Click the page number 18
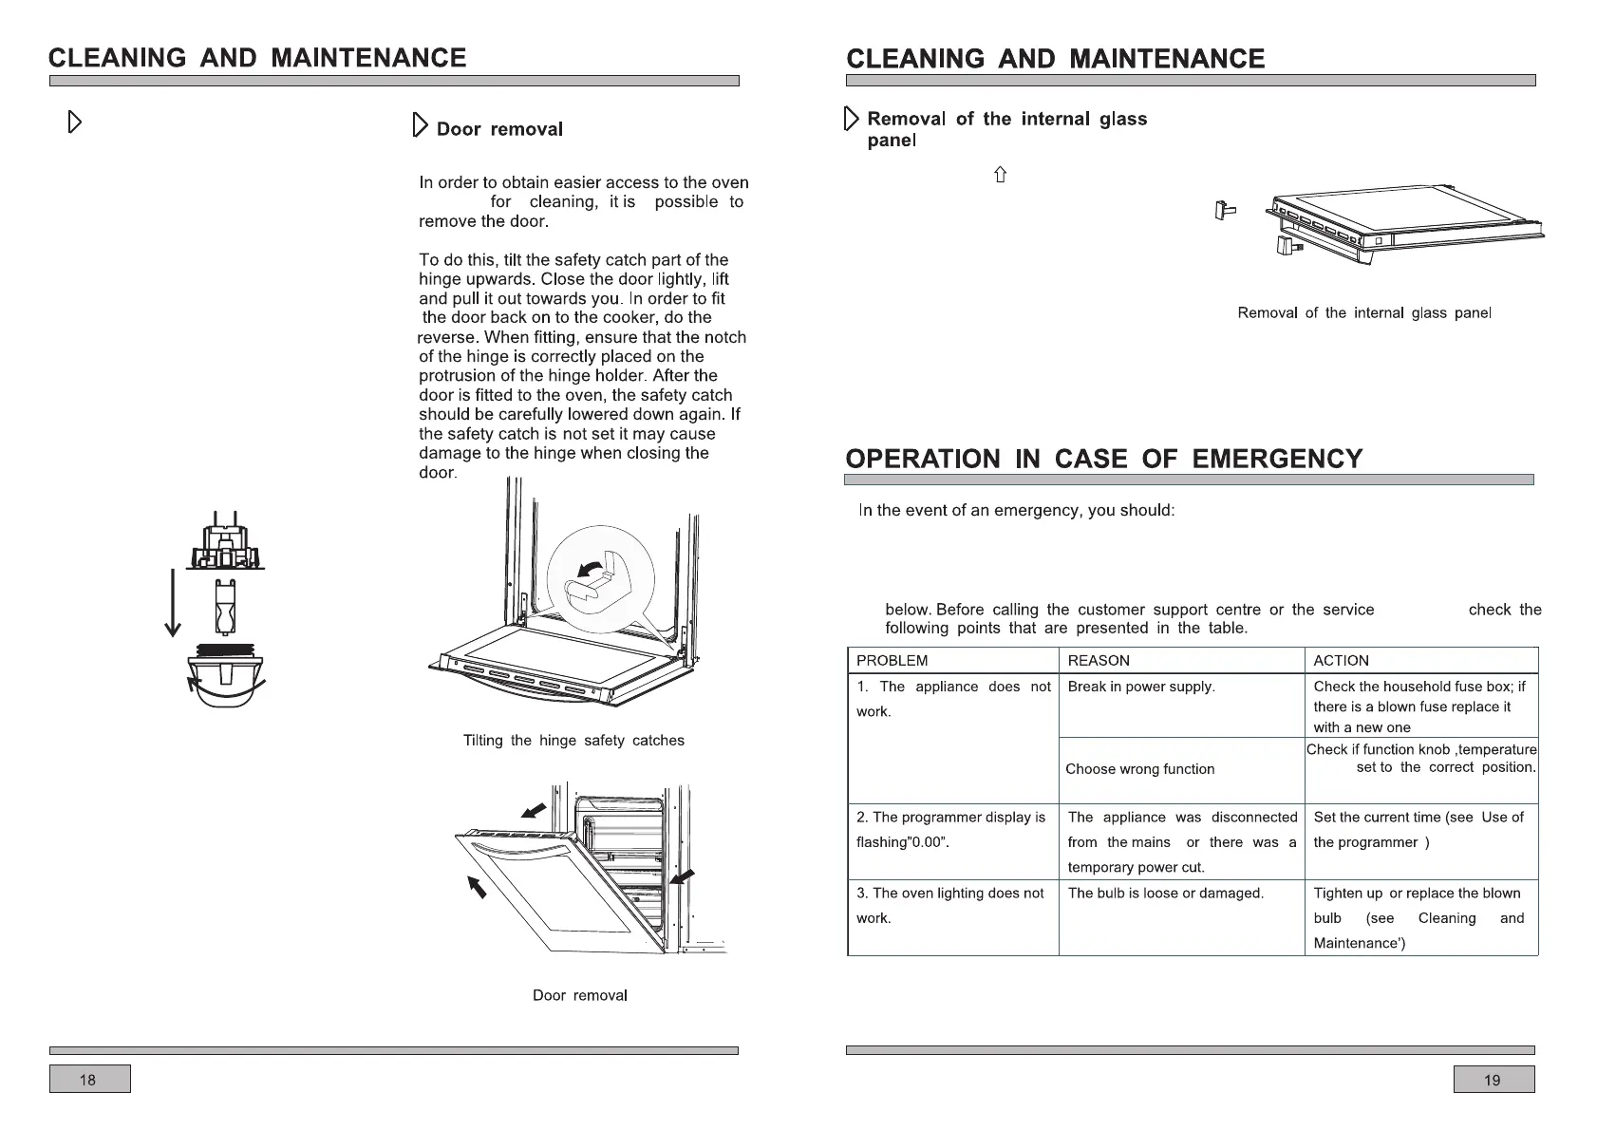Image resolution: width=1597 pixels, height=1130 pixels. (88, 1080)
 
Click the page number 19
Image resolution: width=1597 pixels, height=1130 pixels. (1493, 1080)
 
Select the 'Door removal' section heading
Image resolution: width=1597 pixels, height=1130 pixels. (499, 129)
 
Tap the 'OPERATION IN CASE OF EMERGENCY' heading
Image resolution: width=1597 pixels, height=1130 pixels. (1103, 460)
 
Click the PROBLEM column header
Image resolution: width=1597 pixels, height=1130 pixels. (892, 661)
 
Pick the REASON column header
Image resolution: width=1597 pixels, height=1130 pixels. (1099, 661)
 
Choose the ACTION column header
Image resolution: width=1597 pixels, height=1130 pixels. (1341, 661)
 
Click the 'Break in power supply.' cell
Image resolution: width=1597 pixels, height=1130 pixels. (1141, 687)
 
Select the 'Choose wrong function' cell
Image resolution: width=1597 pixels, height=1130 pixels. (1139, 769)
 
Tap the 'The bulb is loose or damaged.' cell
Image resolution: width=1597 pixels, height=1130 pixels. (1165, 894)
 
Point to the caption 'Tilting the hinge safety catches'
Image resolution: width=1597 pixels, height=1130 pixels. (573, 741)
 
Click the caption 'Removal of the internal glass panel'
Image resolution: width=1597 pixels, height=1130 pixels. (1364, 313)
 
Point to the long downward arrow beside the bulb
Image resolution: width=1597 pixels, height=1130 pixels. (173, 603)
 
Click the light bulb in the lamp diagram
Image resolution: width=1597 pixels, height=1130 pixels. (225, 606)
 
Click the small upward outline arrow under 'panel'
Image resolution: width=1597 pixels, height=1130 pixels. (1000, 175)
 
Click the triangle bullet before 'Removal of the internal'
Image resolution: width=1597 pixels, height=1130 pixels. (851, 120)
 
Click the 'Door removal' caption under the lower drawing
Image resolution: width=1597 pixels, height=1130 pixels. (579, 995)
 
